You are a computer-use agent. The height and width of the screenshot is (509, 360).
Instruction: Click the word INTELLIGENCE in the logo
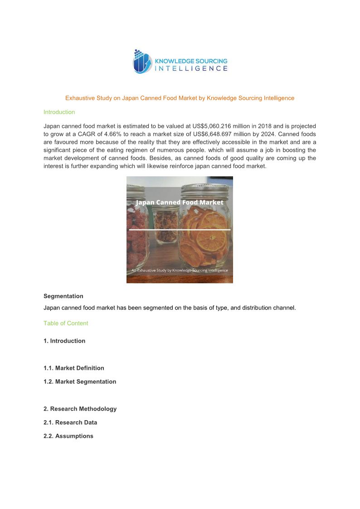coord(191,69)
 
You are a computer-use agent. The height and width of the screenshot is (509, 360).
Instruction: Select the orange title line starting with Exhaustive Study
coord(180,98)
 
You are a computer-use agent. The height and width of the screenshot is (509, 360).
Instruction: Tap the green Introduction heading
coord(59,112)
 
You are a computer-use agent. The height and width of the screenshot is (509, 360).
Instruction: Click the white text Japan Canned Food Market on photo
coord(180,202)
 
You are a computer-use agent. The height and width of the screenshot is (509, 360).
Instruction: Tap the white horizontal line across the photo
coord(180,230)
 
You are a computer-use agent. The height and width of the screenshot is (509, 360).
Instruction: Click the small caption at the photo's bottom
coord(180,270)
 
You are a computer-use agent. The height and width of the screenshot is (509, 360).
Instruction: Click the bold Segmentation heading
coord(63,296)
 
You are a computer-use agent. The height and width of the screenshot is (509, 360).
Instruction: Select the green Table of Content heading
coord(66,323)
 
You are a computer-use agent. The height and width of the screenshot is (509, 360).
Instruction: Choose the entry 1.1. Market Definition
coord(74,368)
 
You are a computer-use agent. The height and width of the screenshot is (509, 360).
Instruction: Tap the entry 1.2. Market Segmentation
coord(80,382)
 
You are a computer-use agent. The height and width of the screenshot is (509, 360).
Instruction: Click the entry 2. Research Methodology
coord(80,409)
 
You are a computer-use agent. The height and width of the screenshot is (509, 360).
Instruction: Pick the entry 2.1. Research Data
coord(70,422)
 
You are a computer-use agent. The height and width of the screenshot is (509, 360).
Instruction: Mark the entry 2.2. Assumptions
coord(68,436)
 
